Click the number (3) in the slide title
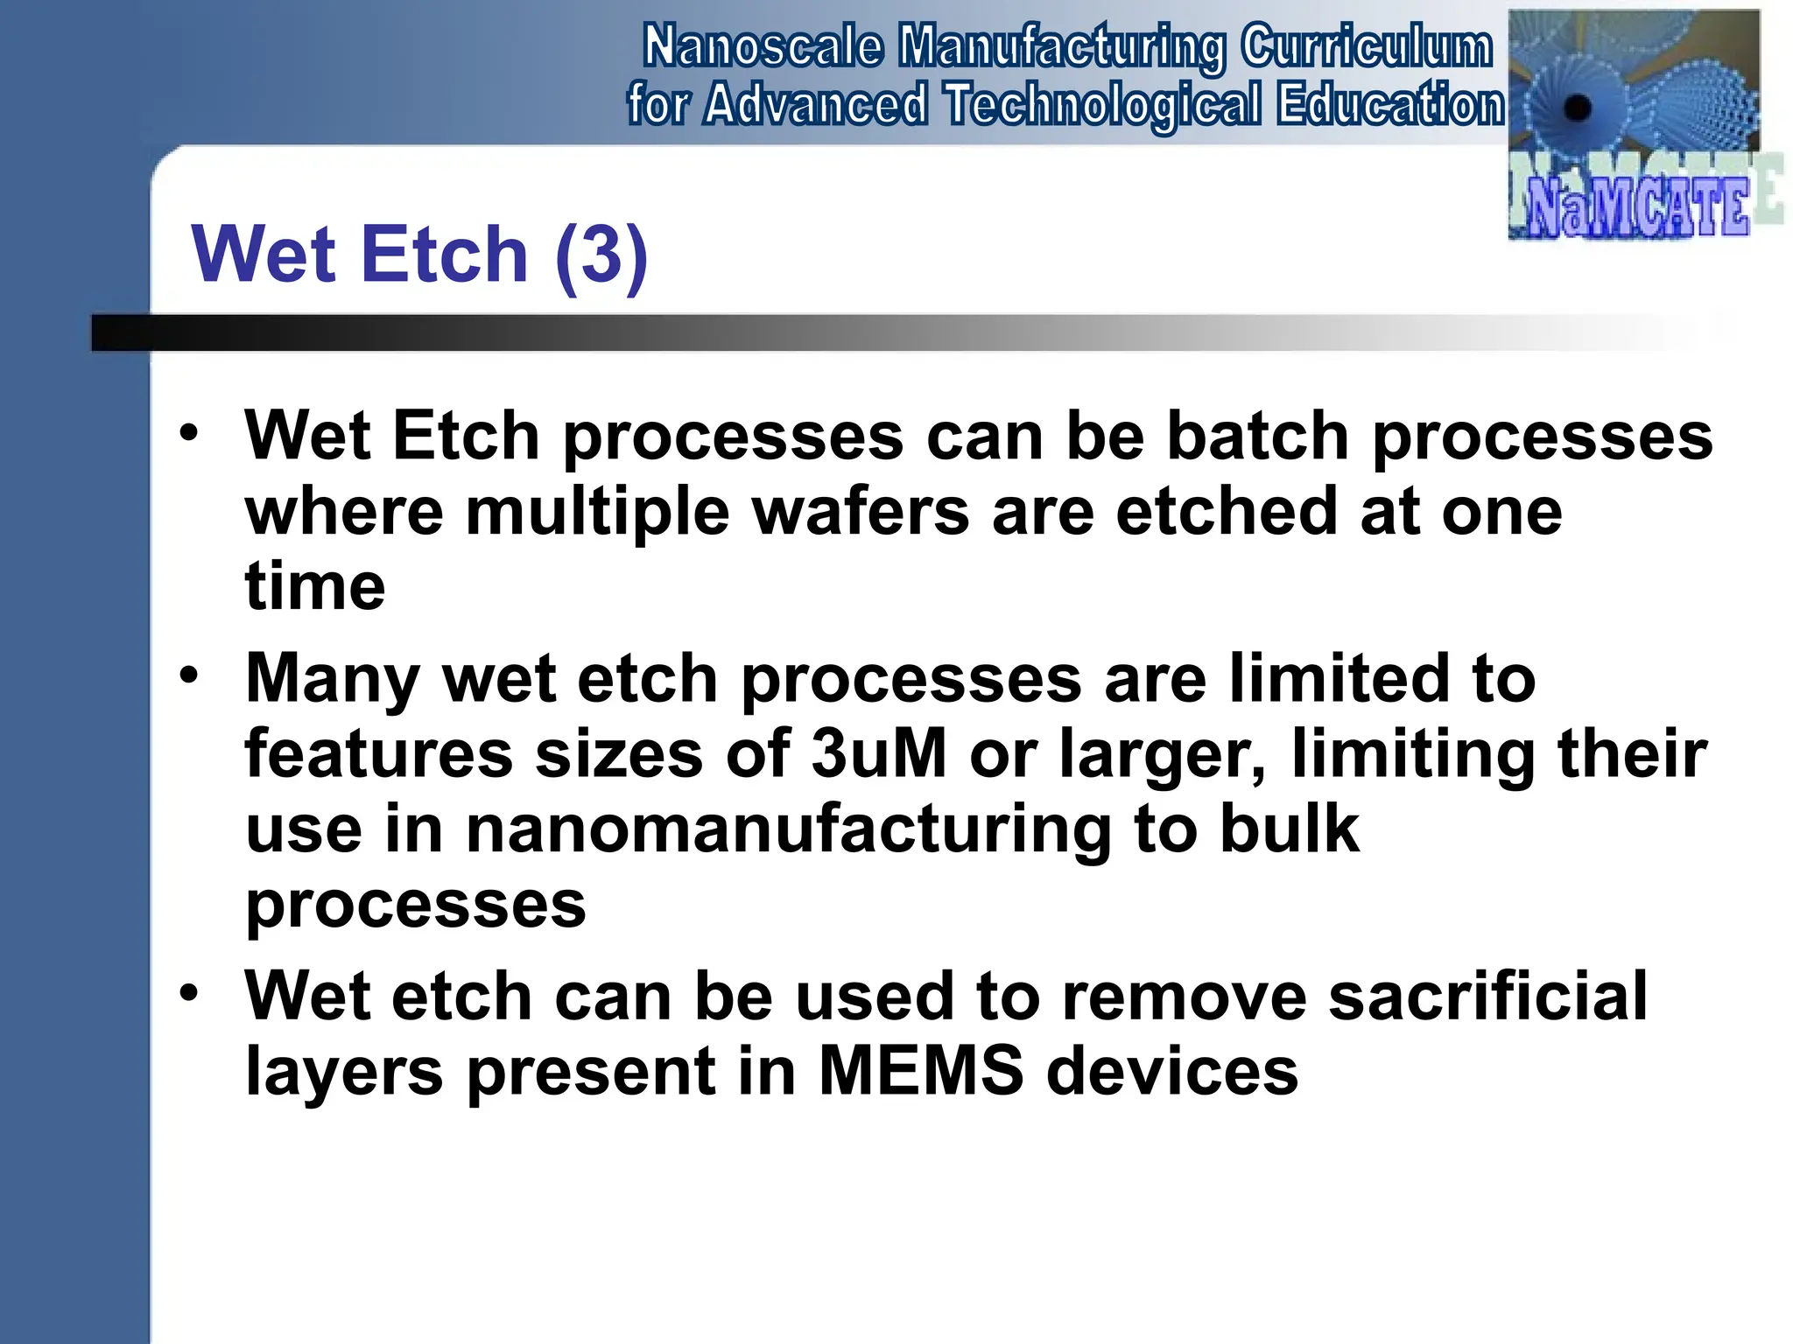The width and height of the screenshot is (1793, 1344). [x=601, y=255]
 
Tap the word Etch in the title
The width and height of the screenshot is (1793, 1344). [x=444, y=255]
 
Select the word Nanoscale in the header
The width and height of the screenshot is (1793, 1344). [x=763, y=47]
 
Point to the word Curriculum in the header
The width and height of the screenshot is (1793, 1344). [x=1366, y=47]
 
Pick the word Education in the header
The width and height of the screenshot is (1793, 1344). [x=1390, y=105]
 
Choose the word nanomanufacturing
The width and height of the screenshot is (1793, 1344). [x=788, y=829]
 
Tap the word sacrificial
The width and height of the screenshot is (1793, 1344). [x=1487, y=996]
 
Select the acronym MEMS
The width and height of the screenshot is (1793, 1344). [x=920, y=1071]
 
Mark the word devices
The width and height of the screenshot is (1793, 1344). [x=1172, y=1071]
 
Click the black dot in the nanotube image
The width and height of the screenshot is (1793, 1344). [x=1577, y=108]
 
